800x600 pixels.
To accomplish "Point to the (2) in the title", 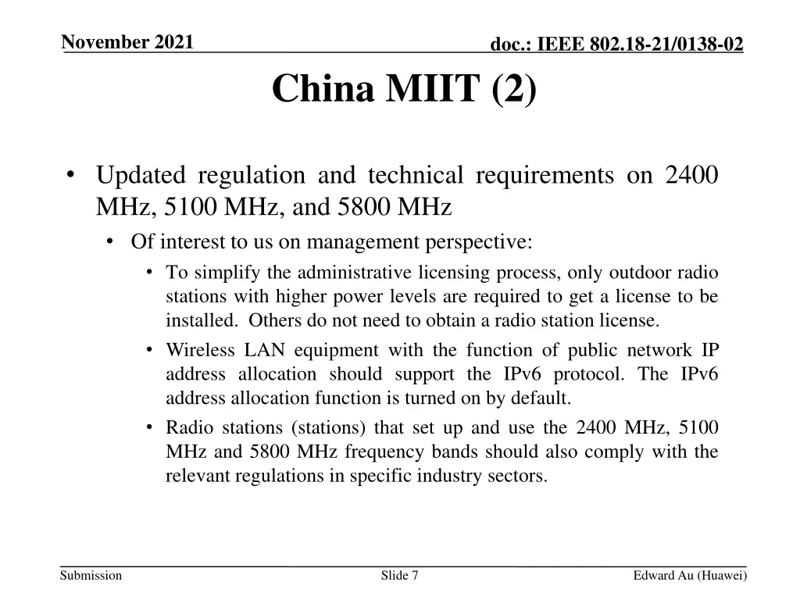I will [515, 89].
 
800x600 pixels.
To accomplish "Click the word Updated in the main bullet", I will [141, 175].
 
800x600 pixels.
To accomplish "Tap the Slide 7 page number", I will [399, 576].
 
